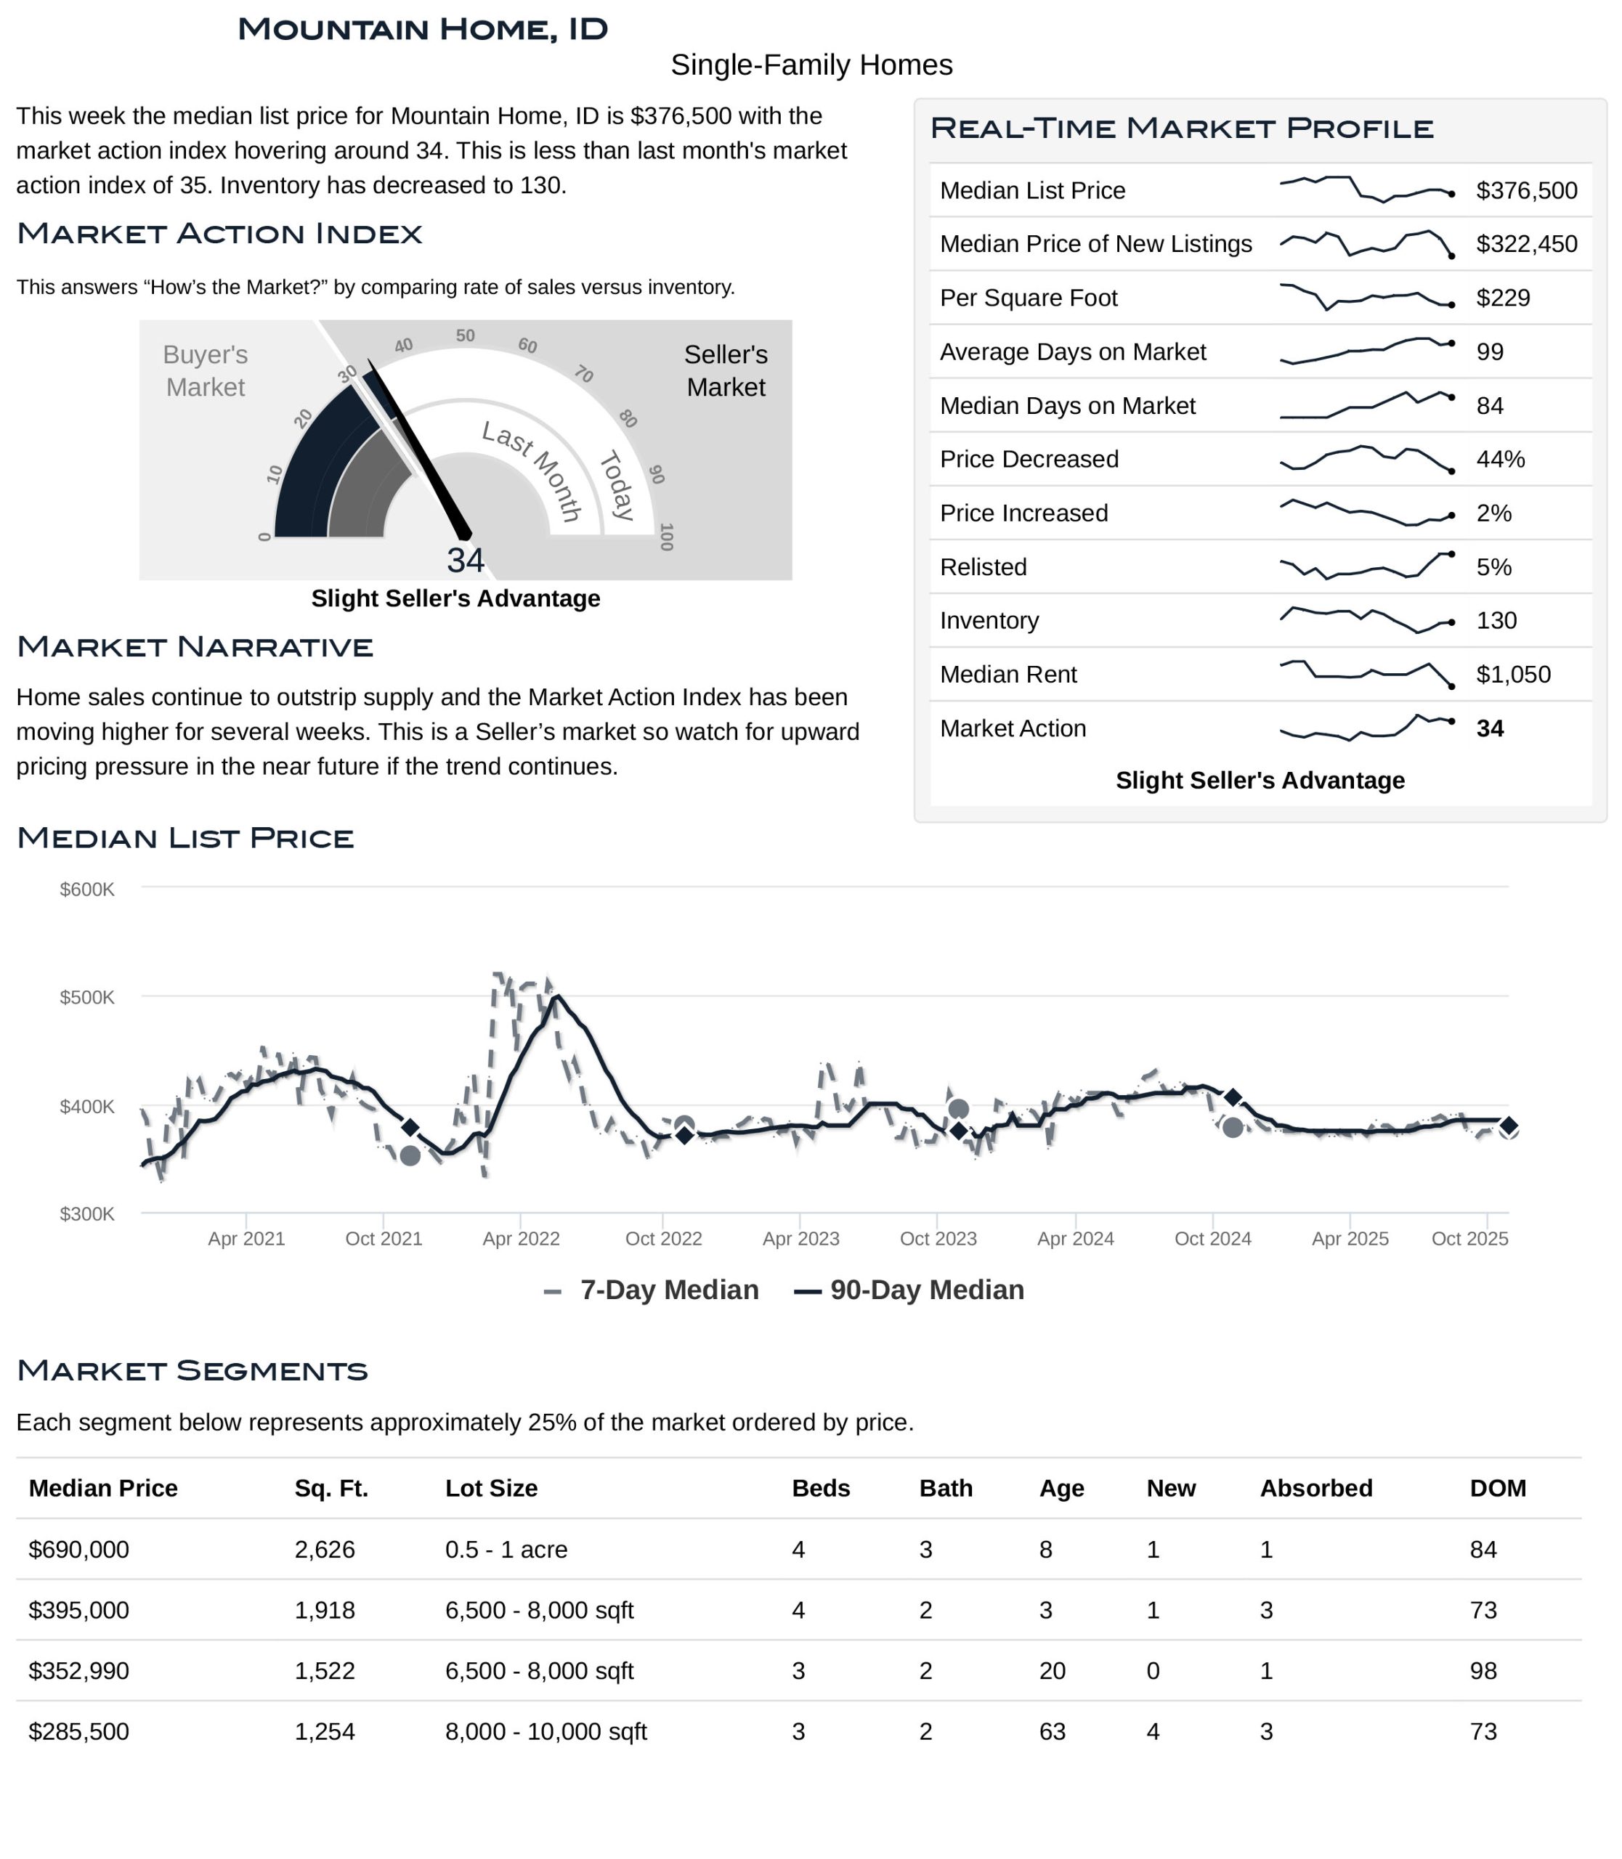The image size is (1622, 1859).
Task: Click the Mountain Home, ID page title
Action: click(x=422, y=29)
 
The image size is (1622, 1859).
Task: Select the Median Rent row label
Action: click(x=1007, y=675)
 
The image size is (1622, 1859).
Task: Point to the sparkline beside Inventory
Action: click(x=1366, y=620)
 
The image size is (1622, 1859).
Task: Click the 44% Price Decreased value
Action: click(x=1500, y=459)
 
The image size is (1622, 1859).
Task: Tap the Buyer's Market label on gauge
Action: click(x=206, y=370)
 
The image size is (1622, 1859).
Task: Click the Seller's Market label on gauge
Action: click(x=725, y=370)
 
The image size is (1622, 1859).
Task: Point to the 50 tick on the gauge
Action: click(x=465, y=335)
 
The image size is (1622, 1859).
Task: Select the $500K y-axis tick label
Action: click(x=87, y=997)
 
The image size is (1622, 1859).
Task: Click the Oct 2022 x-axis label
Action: click(x=663, y=1238)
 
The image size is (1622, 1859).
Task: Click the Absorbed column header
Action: click(x=1315, y=1488)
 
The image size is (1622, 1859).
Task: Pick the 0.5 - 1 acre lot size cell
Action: click(x=506, y=1550)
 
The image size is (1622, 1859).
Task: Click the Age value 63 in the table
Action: click(x=1052, y=1731)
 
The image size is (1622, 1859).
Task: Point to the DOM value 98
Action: click(x=1483, y=1671)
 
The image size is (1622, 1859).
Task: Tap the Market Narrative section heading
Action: click(x=195, y=647)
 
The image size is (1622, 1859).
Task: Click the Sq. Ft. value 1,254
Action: click(x=324, y=1731)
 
